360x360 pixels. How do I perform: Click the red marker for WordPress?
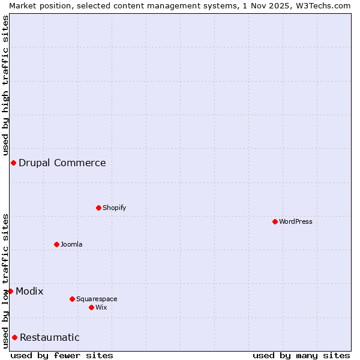275,221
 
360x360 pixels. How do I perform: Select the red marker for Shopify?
98,208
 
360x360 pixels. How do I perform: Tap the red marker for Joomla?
56,244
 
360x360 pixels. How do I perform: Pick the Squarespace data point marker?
72,299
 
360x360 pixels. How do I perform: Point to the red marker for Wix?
91,307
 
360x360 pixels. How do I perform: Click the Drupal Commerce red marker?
13,163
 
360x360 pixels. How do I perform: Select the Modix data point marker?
10,291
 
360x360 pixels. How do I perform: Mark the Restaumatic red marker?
14,337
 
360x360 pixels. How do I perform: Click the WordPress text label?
296,221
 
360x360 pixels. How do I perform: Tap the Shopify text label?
114,208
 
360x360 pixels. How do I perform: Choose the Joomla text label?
71,244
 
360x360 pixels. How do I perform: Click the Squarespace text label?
97,299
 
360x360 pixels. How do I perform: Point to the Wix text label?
101,307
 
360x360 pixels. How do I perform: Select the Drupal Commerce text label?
62,163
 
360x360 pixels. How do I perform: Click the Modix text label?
29,291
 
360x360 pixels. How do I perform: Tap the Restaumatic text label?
49,337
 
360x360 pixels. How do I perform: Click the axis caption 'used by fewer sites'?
62,355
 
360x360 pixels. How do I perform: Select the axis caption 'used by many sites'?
301,355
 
